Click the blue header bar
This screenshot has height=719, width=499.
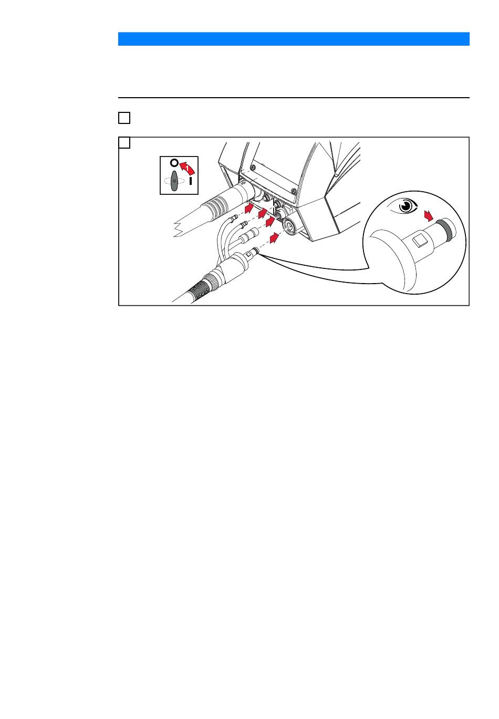pyautogui.click(x=294, y=39)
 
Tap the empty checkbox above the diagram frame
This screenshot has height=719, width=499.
pyautogui.click(x=124, y=118)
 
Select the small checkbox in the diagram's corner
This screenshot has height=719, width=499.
pyautogui.click(x=124, y=142)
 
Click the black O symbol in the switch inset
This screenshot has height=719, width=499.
pyautogui.click(x=174, y=162)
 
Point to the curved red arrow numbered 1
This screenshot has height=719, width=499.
pyautogui.click(x=187, y=168)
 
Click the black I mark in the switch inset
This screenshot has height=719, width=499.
pyautogui.click(x=191, y=181)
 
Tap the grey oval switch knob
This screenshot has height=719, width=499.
pyautogui.click(x=174, y=181)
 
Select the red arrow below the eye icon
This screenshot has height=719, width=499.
pyautogui.click(x=428, y=216)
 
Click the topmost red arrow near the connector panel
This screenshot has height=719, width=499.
pyautogui.click(x=249, y=207)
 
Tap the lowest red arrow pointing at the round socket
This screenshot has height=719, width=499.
pyautogui.click(x=274, y=238)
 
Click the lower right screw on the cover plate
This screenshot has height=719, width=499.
pyautogui.click(x=293, y=191)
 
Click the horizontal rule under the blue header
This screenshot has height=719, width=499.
pyautogui.click(x=294, y=97)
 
